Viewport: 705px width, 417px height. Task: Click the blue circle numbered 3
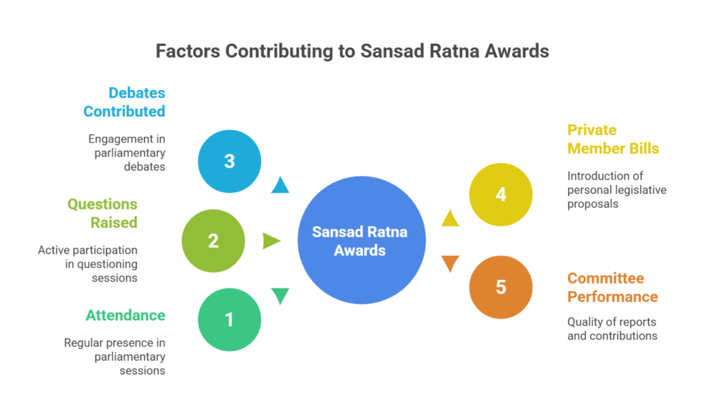point(229,161)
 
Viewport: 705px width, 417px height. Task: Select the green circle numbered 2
point(213,241)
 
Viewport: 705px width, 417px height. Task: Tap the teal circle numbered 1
point(229,319)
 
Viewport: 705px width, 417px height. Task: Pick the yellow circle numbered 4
point(501,195)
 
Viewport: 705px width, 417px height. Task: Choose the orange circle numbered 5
point(501,287)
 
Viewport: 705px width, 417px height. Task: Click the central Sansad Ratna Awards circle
point(361,240)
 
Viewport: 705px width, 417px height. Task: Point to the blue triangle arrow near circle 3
point(280,186)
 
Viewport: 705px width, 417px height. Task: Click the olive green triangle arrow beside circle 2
point(271,241)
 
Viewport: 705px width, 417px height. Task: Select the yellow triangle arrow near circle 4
point(450,218)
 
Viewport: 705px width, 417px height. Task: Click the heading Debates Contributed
point(124,102)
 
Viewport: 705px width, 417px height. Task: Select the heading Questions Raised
point(103,213)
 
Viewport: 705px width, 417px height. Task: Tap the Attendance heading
point(125,315)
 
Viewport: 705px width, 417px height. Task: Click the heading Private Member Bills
point(613,139)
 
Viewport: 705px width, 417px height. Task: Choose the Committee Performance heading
point(612,288)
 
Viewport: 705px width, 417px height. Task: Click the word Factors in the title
point(188,51)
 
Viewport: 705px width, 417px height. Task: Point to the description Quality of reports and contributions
point(612,329)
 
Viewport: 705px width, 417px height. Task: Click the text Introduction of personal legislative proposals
point(617,190)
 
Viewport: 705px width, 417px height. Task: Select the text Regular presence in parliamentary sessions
point(115,356)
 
